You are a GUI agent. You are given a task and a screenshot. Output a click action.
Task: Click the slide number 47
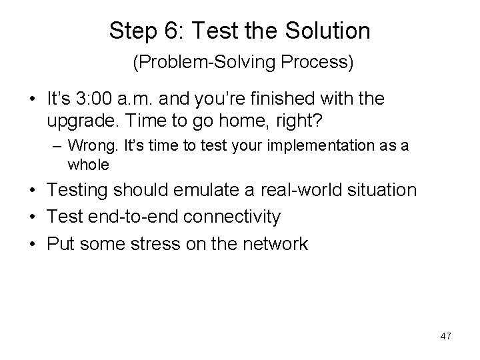click(445, 337)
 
